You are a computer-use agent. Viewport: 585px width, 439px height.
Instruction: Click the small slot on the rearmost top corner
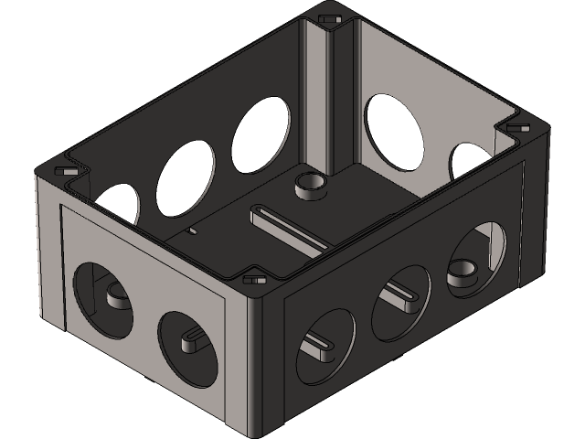(x=331, y=16)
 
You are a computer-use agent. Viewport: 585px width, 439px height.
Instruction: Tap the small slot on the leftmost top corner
(x=65, y=171)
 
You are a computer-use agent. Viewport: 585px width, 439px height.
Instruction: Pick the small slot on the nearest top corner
(x=253, y=279)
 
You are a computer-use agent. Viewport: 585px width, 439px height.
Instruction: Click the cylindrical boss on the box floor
(x=310, y=185)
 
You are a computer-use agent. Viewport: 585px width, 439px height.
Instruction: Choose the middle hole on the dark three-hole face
(x=400, y=299)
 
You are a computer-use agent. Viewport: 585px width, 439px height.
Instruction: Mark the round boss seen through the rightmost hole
(x=463, y=273)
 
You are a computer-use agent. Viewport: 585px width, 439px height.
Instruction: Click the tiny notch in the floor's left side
(x=192, y=232)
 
